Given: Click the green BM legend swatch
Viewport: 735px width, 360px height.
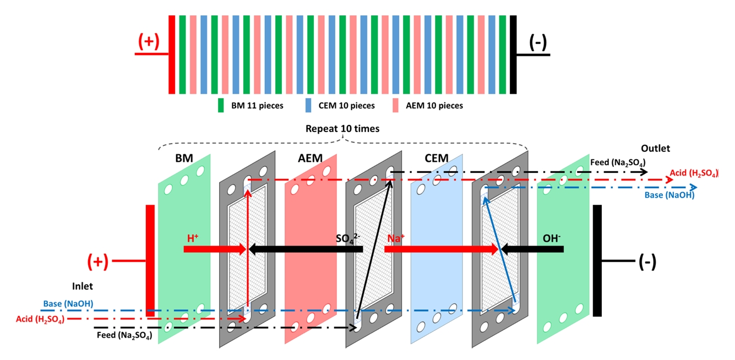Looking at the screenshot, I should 221,105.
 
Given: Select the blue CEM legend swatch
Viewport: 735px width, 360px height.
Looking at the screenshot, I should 308,105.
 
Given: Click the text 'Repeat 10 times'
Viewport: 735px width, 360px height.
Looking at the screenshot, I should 342,128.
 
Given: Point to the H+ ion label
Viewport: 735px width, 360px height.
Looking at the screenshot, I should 193,238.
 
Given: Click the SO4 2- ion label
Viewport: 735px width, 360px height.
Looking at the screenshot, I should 347,238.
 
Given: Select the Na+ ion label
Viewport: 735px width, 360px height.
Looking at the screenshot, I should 396,238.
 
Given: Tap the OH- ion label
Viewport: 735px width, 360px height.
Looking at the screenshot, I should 552,238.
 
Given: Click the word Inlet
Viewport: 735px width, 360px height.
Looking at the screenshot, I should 83,286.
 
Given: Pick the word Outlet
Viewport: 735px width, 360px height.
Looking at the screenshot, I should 655,148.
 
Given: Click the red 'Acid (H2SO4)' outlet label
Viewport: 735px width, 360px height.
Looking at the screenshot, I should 694,173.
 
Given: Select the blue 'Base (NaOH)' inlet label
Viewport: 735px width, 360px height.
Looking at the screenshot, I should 68,303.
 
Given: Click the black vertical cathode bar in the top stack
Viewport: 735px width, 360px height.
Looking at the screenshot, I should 513,54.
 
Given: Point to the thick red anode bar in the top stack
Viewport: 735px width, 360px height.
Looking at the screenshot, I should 171,54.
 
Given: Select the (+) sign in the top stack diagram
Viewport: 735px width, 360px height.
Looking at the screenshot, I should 148,42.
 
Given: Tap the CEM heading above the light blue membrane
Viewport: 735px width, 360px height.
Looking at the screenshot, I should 437,159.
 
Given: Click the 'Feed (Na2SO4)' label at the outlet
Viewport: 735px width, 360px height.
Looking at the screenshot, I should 617,163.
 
